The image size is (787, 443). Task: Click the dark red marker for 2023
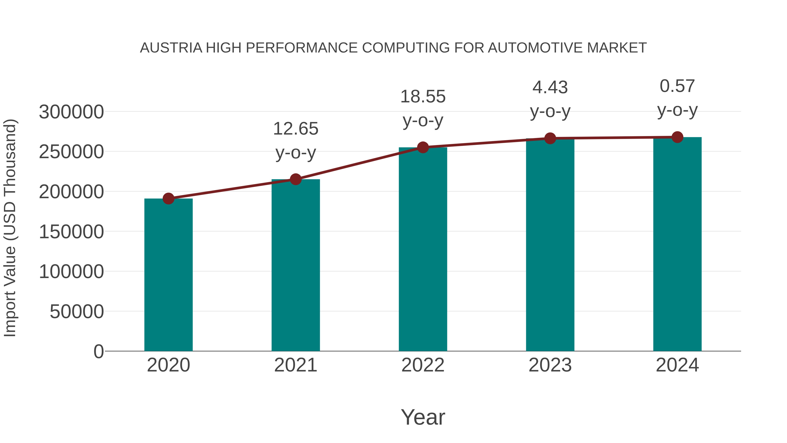tap(550, 138)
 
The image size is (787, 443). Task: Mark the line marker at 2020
tap(168, 199)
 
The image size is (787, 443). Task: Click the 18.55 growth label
tap(423, 97)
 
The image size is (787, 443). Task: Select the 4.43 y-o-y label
tap(550, 88)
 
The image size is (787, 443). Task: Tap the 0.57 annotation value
tap(677, 86)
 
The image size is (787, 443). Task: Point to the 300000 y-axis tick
tap(71, 112)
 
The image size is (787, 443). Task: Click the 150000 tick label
tap(71, 232)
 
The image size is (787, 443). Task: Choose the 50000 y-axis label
tap(77, 312)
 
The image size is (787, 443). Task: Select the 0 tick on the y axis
tap(99, 352)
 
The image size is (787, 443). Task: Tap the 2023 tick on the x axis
tap(550, 365)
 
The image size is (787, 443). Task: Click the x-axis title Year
tap(423, 417)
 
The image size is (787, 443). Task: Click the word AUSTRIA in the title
tap(171, 48)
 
